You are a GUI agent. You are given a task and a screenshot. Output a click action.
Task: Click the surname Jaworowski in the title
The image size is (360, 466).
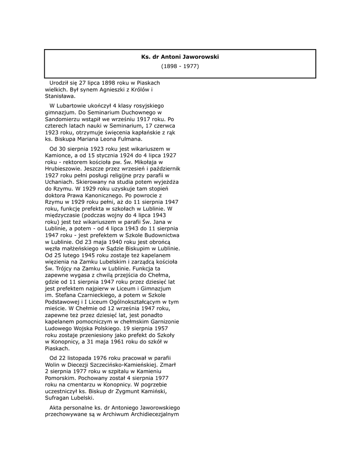[x=201, y=57]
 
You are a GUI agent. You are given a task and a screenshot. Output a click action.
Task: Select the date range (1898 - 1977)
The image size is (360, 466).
[x=180, y=66]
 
